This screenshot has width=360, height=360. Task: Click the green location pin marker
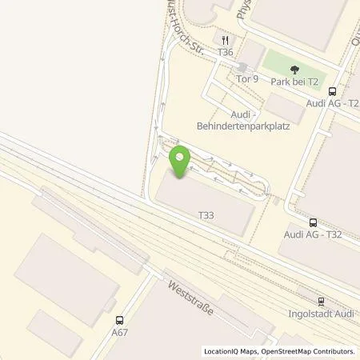(x=180, y=161)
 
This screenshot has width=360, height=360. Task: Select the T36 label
(x=226, y=52)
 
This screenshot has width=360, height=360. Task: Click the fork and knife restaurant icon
(x=226, y=39)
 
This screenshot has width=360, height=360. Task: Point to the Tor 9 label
(x=247, y=78)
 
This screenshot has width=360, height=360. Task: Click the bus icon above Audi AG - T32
(x=312, y=223)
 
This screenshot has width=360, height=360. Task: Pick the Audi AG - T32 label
(x=313, y=236)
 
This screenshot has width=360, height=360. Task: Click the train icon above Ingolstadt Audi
(x=322, y=302)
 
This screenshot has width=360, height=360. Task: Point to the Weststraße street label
(x=190, y=296)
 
